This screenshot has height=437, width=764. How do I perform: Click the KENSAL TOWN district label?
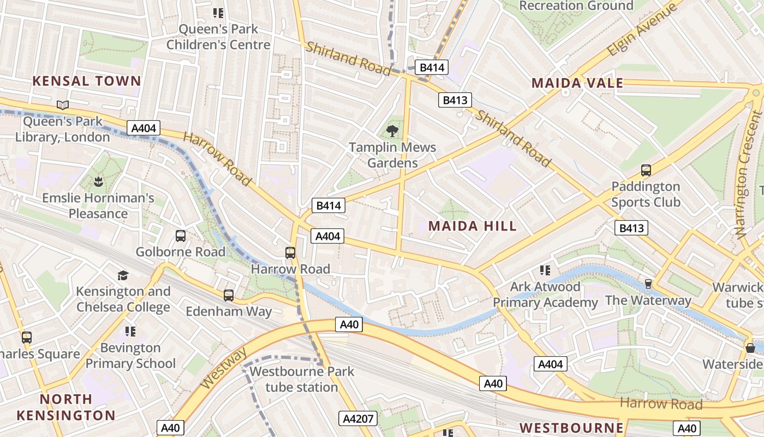pos(87,81)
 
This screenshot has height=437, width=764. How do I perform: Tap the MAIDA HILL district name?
pos(472,226)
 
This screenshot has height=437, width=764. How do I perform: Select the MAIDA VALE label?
pos(577,83)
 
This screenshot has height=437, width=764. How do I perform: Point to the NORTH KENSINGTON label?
pos(66,407)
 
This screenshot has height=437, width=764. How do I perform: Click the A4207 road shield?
pos(358,419)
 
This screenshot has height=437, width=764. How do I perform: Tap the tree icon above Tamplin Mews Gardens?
pos(392,131)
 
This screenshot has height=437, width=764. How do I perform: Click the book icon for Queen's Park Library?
pos(63,104)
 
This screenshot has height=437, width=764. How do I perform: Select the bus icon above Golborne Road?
pos(181,236)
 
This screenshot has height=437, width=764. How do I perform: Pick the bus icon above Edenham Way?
pos(229,296)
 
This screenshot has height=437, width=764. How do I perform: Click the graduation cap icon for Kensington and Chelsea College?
pos(123,275)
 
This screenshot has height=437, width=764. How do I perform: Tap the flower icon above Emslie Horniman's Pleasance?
pos(98,181)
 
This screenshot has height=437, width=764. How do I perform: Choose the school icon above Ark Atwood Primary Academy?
pos(545,270)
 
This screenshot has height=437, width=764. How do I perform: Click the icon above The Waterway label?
pos(648,284)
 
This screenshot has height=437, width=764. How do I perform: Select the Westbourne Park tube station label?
pos(302,379)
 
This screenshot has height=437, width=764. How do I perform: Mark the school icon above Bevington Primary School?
pos(130,331)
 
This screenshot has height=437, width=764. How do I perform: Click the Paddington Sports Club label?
pos(646,194)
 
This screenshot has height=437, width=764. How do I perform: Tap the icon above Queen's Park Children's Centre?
pos(218,13)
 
